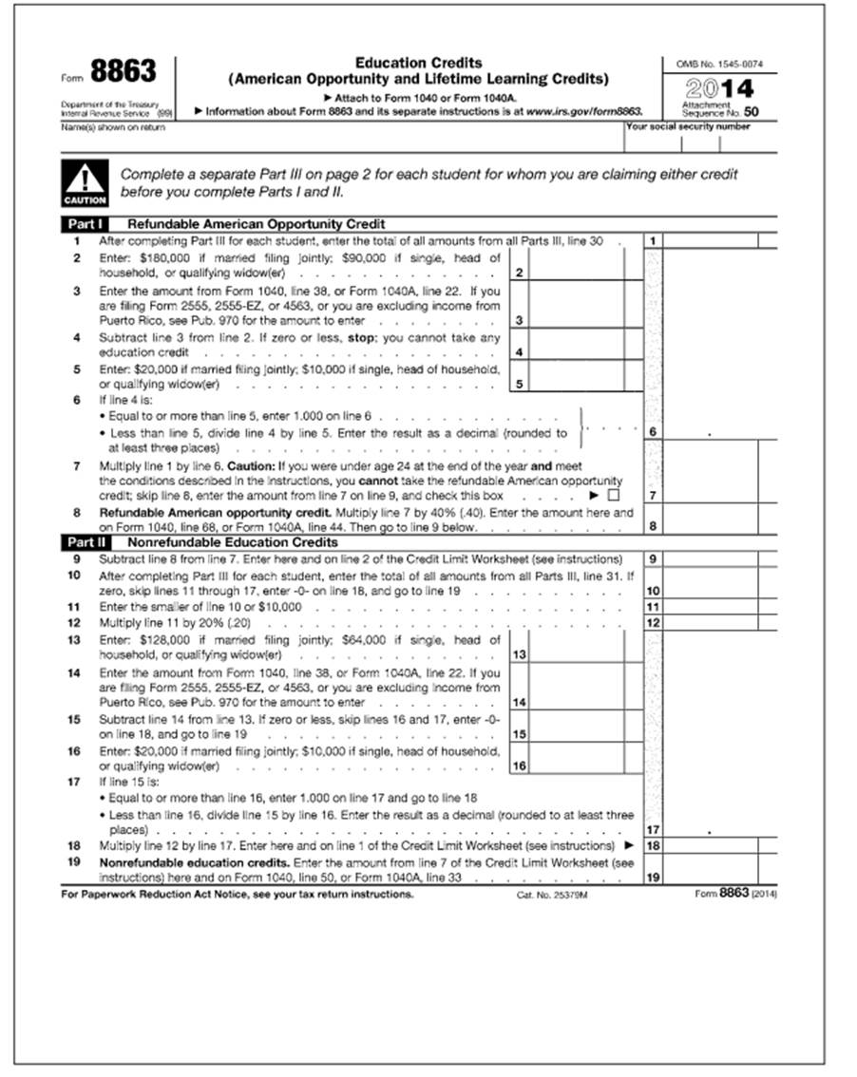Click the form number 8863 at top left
123,71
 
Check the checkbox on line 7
613,495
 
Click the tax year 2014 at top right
720,88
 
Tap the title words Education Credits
419,63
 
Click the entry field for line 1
709,241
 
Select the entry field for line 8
709,520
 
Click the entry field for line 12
709,622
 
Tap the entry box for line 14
578,687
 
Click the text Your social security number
687,126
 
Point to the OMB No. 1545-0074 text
719,65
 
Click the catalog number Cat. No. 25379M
551,895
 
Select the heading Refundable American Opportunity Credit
256,224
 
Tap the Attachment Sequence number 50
751,112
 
